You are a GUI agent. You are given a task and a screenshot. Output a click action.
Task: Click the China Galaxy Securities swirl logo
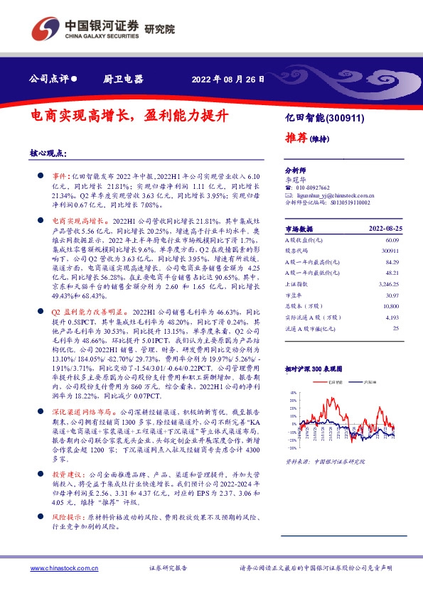(x=44, y=28)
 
